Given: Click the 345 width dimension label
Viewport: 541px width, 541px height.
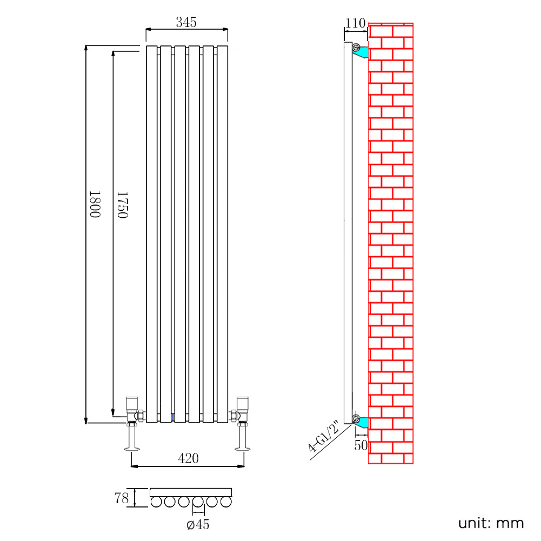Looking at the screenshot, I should tap(186, 22).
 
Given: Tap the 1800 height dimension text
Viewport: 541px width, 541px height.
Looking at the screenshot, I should tap(95, 204).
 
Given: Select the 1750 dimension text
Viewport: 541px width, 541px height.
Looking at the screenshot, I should tap(122, 204).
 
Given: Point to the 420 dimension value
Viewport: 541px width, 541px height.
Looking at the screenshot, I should tap(188, 459).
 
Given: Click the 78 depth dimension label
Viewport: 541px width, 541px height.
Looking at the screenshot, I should tap(122, 498).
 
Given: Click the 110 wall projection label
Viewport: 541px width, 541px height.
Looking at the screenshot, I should tap(355, 23).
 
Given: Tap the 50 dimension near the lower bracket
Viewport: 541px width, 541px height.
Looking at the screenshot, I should tap(361, 445).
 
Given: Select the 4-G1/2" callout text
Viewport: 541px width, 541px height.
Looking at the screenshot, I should tap(323, 437).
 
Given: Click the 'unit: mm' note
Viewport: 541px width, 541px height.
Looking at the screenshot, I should tap(491, 523).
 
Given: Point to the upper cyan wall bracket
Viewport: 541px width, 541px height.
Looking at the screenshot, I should tap(362, 52).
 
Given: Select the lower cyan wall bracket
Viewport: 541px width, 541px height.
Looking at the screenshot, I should tap(362, 422).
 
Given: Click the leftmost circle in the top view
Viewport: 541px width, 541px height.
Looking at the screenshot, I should tap(157, 503).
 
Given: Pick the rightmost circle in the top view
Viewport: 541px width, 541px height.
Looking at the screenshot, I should tap(226, 503).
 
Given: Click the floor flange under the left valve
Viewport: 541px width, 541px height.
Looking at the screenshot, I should tap(132, 448).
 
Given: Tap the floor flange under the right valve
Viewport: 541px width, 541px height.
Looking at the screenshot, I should tap(242, 448).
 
